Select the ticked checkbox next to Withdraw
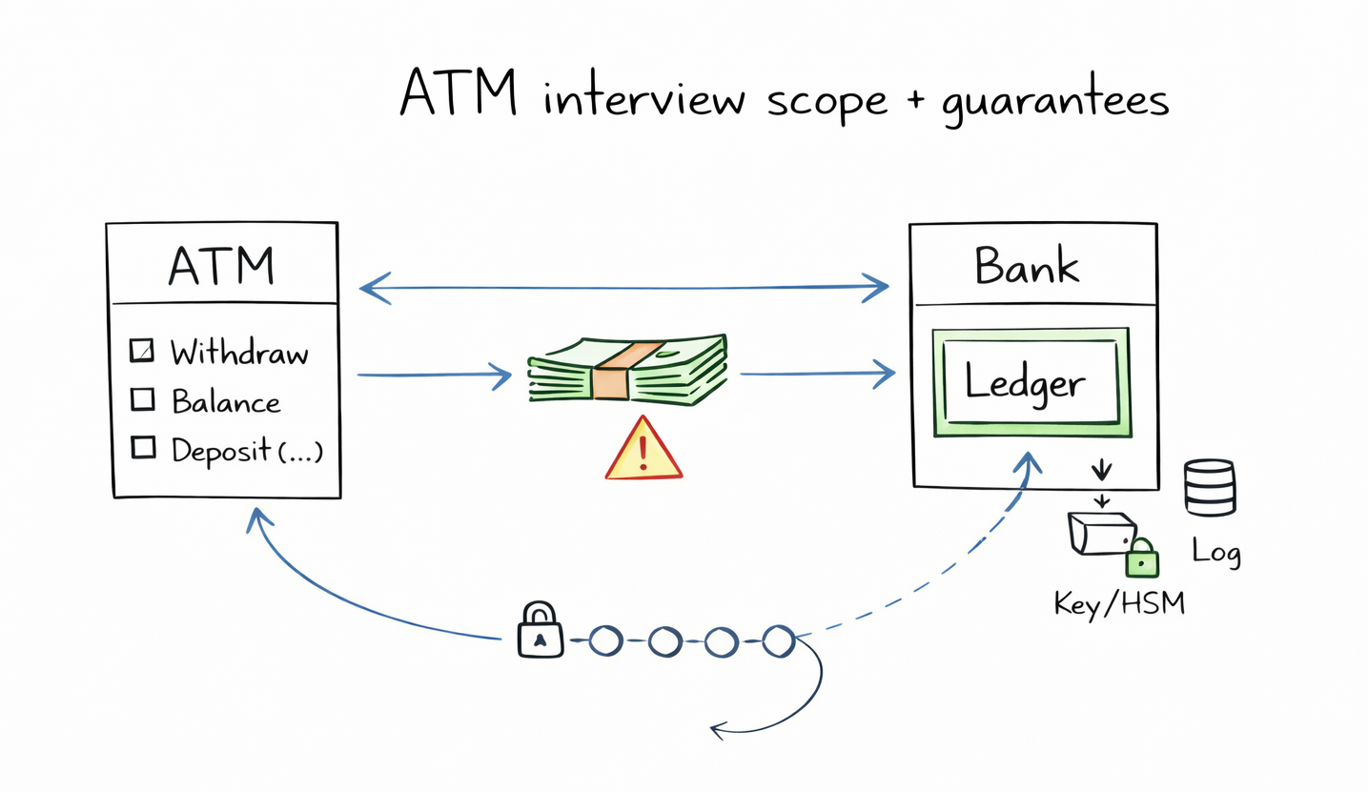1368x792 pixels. [x=141, y=352]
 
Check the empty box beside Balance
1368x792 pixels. [x=142, y=399]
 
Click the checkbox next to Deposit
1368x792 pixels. [x=142, y=446]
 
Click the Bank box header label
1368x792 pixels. [x=1027, y=265]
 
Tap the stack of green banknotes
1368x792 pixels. [x=628, y=372]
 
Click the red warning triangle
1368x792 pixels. [x=643, y=450]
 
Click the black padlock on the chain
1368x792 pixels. [x=540, y=630]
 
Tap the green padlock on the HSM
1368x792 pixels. [x=1140, y=559]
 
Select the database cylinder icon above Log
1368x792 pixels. [x=1209, y=487]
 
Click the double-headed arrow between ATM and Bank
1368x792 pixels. [x=623, y=286]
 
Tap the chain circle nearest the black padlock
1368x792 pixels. [x=604, y=640]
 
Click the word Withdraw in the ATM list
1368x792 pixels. [x=239, y=354]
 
